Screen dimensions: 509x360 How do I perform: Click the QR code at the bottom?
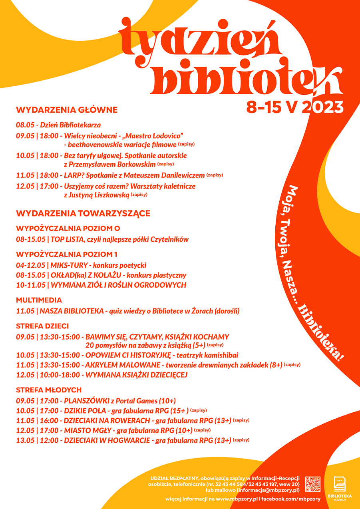tap(313, 484)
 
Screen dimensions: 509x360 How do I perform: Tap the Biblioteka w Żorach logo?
tap(340, 487)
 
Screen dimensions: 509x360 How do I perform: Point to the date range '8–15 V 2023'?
tap(295, 107)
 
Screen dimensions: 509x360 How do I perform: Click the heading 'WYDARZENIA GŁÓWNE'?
tap(67, 110)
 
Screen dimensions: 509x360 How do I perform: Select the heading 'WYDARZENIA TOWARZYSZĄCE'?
tap(83, 213)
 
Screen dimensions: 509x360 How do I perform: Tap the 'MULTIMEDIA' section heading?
tap(39, 300)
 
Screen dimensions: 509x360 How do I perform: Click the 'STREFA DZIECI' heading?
tap(42, 326)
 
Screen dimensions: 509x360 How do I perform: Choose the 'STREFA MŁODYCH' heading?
tap(49, 390)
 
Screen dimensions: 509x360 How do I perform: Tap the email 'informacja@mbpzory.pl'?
tap(268, 490)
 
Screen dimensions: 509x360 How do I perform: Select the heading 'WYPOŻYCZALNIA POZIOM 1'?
tap(67, 254)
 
